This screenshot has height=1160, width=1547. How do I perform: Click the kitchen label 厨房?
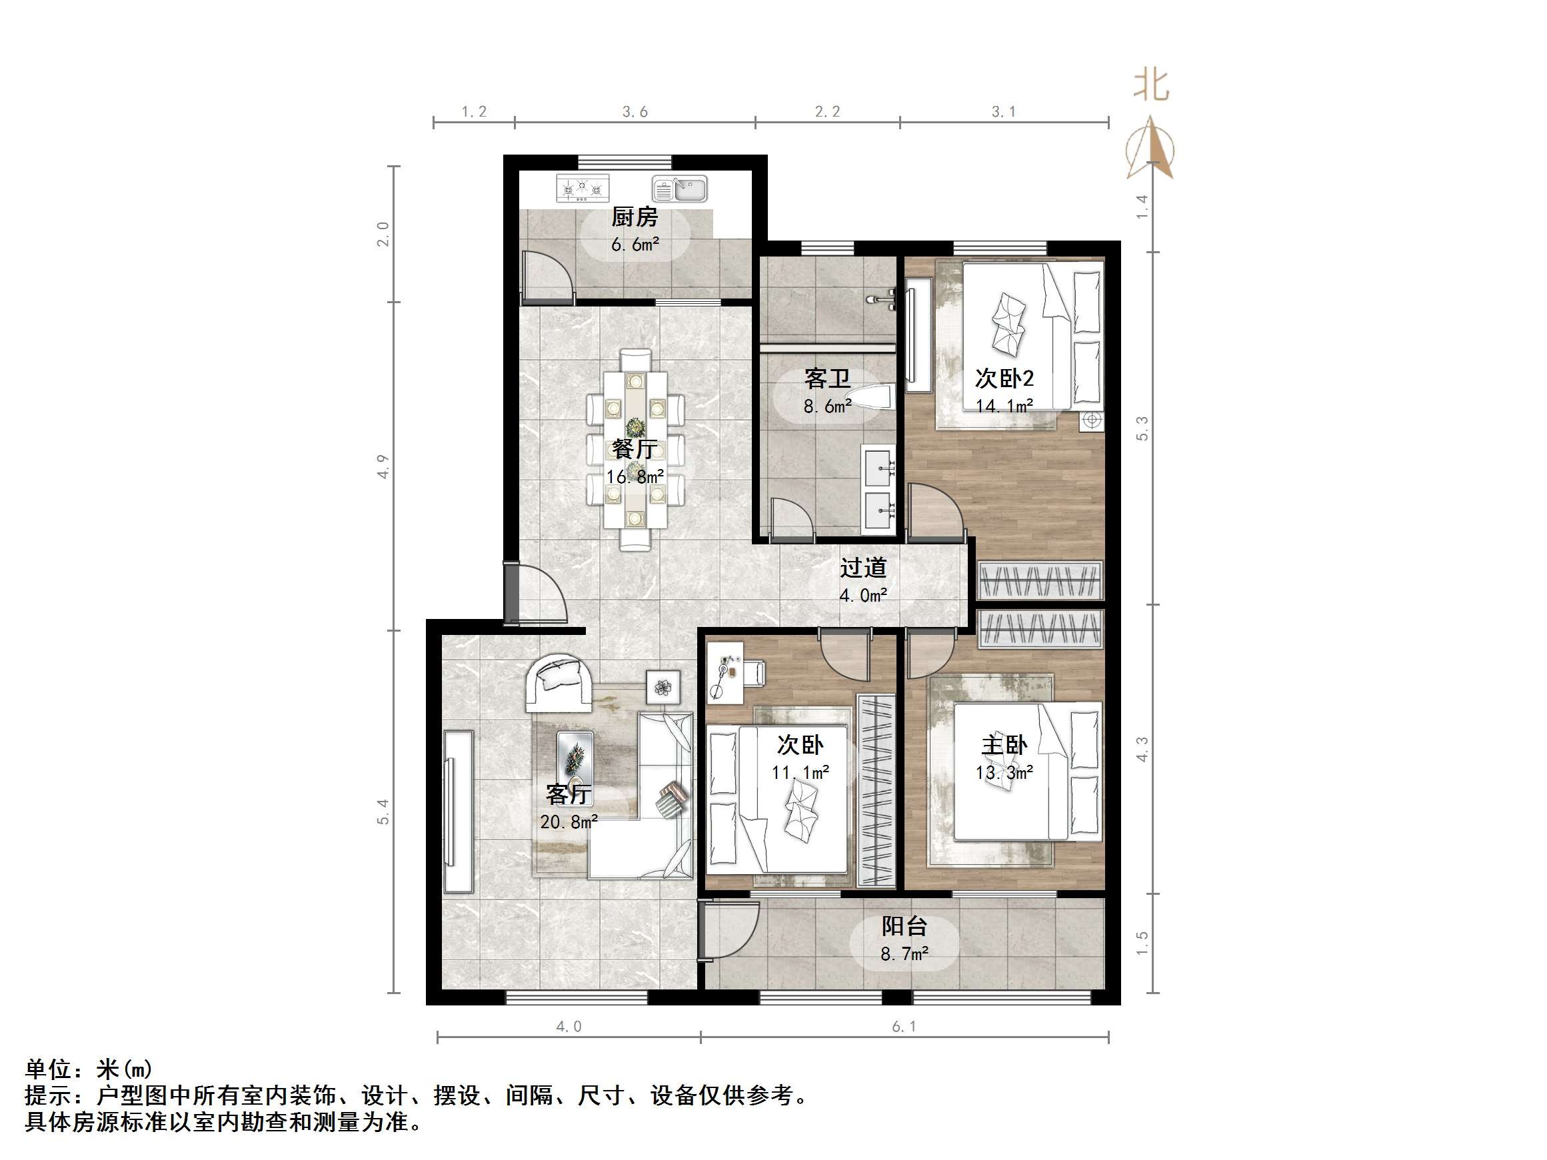(635, 217)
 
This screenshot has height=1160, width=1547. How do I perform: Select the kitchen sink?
(680, 189)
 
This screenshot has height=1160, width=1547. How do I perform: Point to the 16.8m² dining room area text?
(635, 477)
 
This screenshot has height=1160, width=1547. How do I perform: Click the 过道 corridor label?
(863, 567)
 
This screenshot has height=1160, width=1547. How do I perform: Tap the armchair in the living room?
(558, 681)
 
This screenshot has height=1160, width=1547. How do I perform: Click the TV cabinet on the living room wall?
(458, 811)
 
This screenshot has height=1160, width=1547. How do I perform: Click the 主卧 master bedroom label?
(1004, 746)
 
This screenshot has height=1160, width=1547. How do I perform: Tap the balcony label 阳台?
(904, 926)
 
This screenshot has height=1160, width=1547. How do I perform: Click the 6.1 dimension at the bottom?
(904, 1027)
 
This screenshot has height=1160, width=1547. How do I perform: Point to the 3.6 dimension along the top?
(635, 112)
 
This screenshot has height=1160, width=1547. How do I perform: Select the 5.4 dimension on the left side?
(383, 812)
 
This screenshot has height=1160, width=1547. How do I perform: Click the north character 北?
(1150, 85)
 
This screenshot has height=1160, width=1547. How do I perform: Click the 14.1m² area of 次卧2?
(1004, 406)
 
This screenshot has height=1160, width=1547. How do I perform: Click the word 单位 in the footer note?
(48, 1069)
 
